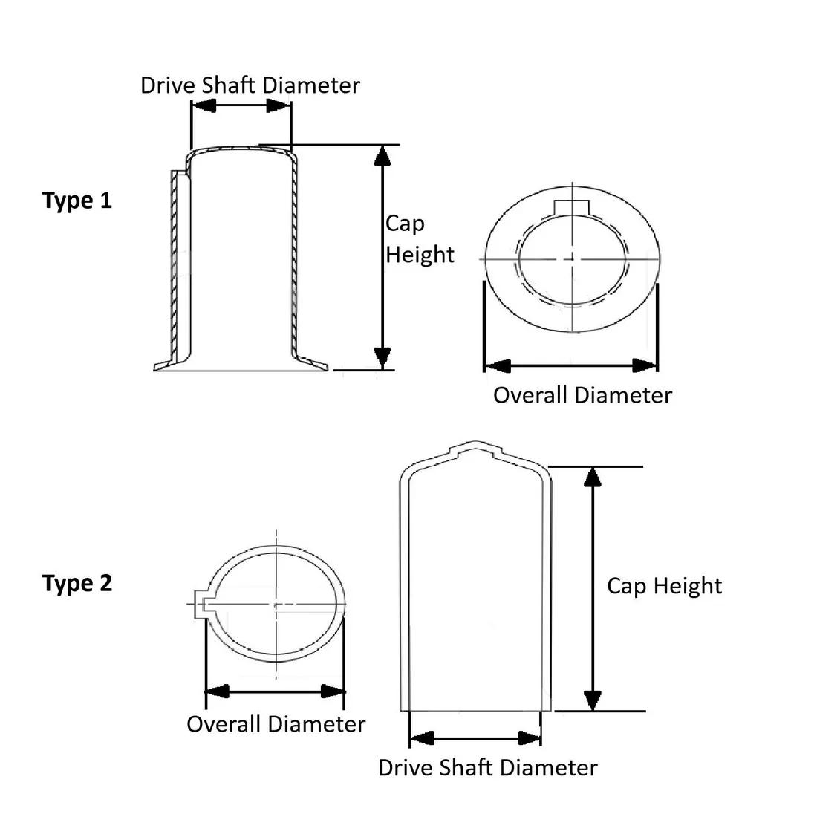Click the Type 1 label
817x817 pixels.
pyautogui.click(x=77, y=201)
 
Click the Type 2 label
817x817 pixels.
pyautogui.click(x=77, y=583)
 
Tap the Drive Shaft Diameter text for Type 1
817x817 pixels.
pyautogui.click(x=250, y=85)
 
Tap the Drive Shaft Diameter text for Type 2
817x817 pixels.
pyautogui.click(x=487, y=767)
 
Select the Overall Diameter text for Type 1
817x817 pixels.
pyautogui.click(x=582, y=395)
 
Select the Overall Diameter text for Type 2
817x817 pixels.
pyautogui.click(x=276, y=724)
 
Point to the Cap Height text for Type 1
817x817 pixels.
pyautogui.click(x=418, y=239)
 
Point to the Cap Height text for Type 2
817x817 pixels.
pyautogui.click(x=664, y=586)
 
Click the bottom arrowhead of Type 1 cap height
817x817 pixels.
pyautogui.click(x=383, y=358)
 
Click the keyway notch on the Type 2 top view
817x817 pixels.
pyautogui.click(x=200, y=605)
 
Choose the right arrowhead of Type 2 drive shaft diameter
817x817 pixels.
pyautogui.click(x=530, y=738)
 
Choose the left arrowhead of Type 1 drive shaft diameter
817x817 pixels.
pyautogui.click(x=204, y=106)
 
